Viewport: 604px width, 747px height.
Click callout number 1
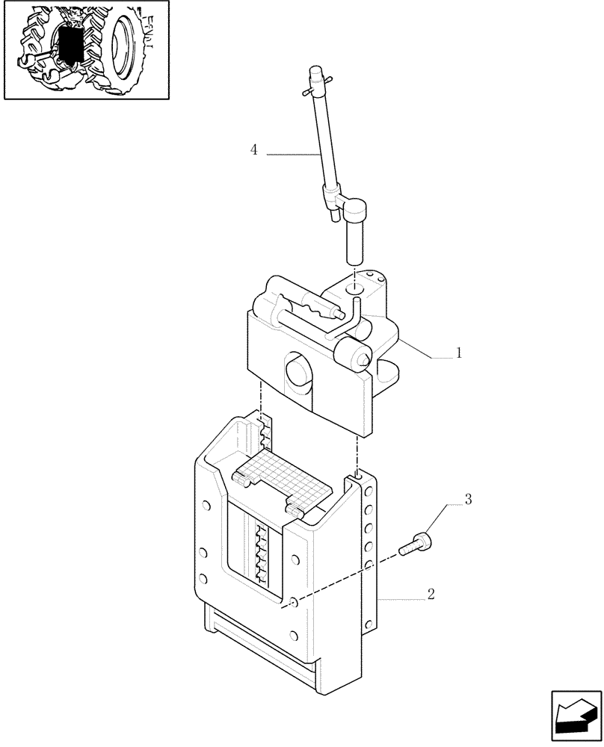pos(459,353)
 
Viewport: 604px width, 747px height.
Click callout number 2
pos(431,595)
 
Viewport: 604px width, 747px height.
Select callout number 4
pos(254,150)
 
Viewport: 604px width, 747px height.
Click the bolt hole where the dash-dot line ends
pos(293,603)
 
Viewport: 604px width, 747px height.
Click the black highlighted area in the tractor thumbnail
pos(71,45)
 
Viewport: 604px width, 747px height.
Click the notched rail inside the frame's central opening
pos(262,553)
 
